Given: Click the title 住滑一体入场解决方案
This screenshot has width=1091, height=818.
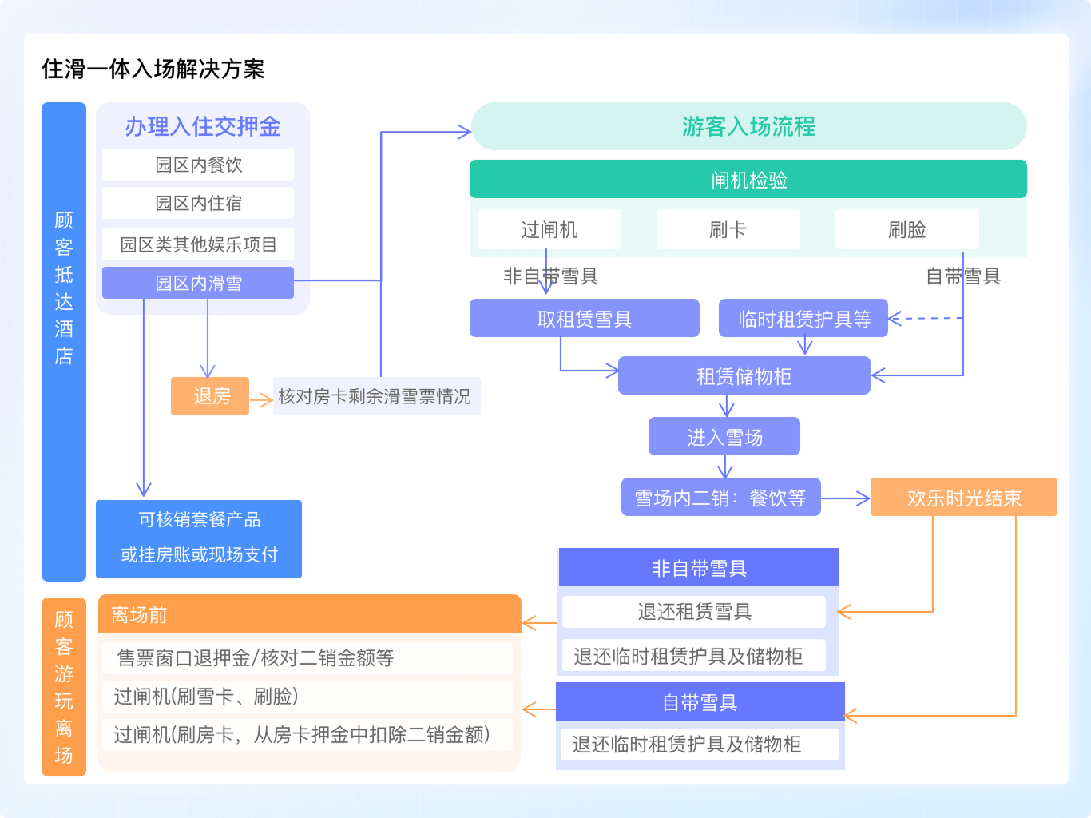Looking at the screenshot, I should [153, 69].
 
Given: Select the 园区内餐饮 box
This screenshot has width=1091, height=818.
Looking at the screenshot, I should [198, 165].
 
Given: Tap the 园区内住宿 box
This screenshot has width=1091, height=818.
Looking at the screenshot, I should [198, 203].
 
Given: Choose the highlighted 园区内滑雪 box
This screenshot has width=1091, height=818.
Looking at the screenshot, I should [198, 283].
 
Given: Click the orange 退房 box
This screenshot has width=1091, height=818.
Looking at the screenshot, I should [211, 396].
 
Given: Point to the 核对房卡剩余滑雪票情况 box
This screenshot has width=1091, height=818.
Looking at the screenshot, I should [375, 396].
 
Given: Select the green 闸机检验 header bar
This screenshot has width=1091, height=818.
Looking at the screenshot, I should [748, 180].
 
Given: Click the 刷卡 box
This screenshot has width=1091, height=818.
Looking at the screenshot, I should [728, 230].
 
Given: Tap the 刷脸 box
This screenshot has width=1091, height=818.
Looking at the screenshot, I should [907, 230].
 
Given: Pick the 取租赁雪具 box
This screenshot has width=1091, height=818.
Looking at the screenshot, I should [584, 319].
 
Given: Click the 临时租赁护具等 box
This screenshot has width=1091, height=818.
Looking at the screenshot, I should [803, 319].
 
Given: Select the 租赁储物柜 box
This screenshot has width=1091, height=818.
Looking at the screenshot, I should [744, 376].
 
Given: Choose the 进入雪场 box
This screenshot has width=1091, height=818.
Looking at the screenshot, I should [724, 437].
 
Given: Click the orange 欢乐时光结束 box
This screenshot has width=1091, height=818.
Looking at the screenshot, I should [963, 498].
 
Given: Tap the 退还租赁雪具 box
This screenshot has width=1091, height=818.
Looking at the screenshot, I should [694, 612].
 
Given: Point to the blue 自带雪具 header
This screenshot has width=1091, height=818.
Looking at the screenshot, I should [700, 702].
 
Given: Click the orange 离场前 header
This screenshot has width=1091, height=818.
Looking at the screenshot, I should [310, 614].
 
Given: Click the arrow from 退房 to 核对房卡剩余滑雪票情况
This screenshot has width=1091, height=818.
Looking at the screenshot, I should [261, 399].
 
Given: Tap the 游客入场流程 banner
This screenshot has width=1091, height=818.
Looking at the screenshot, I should [748, 126].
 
